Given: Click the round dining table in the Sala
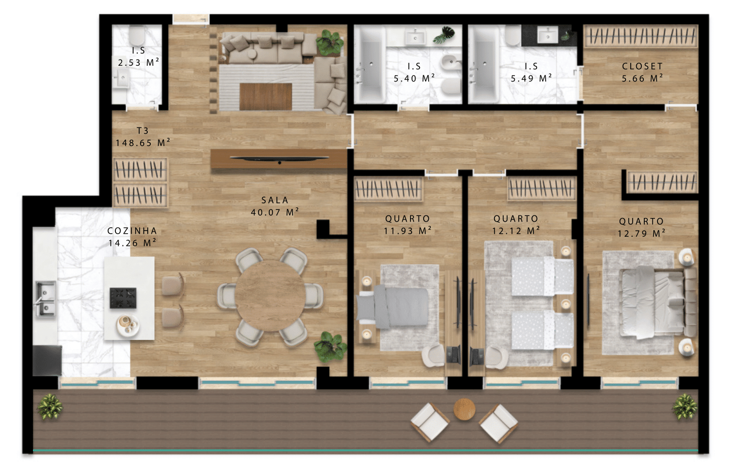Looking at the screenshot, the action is tap(270, 296).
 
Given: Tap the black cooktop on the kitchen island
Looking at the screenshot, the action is tap(123, 298).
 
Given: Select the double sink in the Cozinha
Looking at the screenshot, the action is tap(46, 298).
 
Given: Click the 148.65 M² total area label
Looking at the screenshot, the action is tap(143, 143).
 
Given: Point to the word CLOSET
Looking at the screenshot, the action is tap(642, 66).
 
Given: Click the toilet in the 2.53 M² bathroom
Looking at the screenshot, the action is tap(137, 35).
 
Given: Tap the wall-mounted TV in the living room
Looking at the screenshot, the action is tap(279, 159).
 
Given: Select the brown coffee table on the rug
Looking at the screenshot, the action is tap(266, 96).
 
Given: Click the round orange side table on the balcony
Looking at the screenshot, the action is tap(464, 409).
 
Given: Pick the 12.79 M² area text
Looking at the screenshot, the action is tap(641, 233).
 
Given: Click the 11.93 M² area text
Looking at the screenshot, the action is tap(407, 231).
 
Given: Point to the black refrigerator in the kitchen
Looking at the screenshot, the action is tap(47, 361).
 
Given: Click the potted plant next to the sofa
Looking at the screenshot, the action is tap(329, 42).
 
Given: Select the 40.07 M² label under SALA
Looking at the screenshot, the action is tap(275, 212).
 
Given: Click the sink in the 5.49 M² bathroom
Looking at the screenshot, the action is tap(548, 35).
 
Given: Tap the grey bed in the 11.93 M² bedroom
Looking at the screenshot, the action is tap(393, 308).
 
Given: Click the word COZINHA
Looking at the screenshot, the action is tap(132, 231).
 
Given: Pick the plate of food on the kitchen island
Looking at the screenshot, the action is tap(128, 326).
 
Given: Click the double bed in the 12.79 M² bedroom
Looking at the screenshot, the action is tap(658, 303).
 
